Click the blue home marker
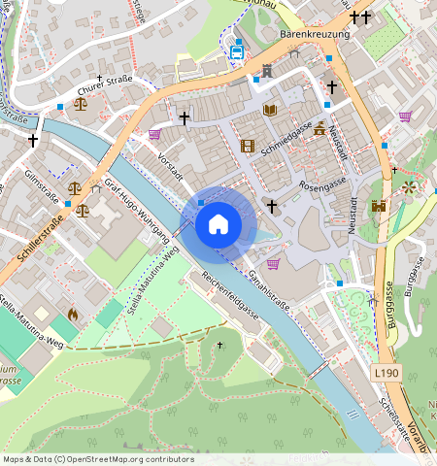click(218, 225)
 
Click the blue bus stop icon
click(237, 51)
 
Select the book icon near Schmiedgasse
click(270, 111)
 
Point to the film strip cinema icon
click(248, 146)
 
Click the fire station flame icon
click(72, 315)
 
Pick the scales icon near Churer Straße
click(80, 101)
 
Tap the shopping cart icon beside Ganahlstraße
click(273, 263)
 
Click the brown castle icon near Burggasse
click(379, 205)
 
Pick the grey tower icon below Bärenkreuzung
click(267, 71)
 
